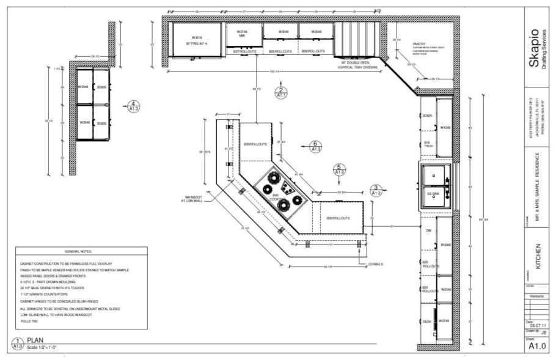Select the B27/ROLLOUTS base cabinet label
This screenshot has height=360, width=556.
(244, 52)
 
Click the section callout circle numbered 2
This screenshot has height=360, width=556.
(282, 93)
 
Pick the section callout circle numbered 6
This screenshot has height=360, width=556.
(315, 145)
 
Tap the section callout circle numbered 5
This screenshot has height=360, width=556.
(338, 170)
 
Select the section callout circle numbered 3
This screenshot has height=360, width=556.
(377, 190)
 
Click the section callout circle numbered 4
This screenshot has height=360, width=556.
(134, 106)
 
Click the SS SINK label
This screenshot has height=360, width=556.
(433, 194)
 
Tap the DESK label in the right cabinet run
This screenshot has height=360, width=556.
(428, 321)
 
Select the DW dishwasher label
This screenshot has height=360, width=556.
(428, 231)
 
